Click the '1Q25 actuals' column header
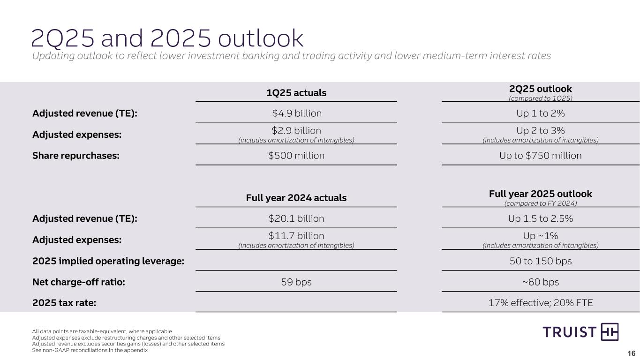point(296,93)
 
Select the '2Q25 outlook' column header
point(541,89)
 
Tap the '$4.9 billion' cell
point(296,113)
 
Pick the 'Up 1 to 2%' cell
point(541,113)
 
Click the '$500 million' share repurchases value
point(296,156)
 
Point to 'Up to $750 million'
point(541,156)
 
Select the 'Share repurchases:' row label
point(75,156)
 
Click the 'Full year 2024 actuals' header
point(296,198)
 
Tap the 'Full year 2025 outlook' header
point(541,194)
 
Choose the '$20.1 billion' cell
point(296,218)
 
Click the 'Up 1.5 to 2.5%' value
point(541,218)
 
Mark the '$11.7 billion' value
point(296,235)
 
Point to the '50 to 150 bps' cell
point(541,261)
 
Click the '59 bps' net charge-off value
point(296,282)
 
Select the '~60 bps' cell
point(541,282)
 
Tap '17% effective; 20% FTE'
point(541,303)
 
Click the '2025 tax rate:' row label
point(64,303)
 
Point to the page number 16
point(631,353)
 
